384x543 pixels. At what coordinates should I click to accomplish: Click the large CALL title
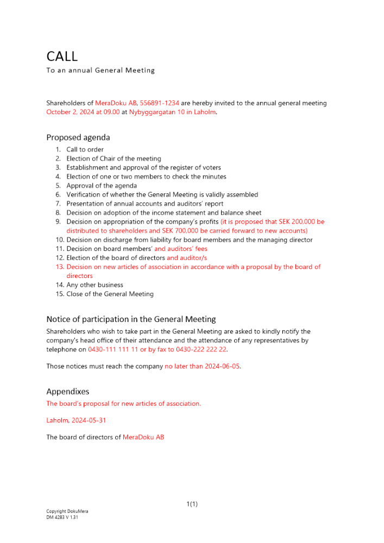coord(62,56)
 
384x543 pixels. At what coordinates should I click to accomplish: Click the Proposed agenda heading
coord(78,137)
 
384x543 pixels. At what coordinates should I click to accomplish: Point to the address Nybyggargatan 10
coord(157,112)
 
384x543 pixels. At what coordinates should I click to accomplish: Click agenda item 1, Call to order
coord(85,149)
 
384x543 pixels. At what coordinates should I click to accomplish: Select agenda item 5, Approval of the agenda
coord(102,186)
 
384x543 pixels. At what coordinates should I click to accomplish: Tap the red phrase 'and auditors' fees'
coord(181,249)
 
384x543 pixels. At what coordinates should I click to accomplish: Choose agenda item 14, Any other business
coord(95,285)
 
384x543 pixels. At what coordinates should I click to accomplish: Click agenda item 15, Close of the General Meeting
coord(110,294)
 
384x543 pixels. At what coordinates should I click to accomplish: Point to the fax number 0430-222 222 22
coord(202,350)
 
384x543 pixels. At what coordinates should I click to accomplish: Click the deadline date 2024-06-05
coord(222,366)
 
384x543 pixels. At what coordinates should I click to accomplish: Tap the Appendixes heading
coord(68,392)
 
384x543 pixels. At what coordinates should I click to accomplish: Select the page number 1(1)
coord(192,504)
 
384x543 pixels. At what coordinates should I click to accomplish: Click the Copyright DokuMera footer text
coord(67,511)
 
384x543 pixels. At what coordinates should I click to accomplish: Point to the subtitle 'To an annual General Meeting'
coord(100,71)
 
